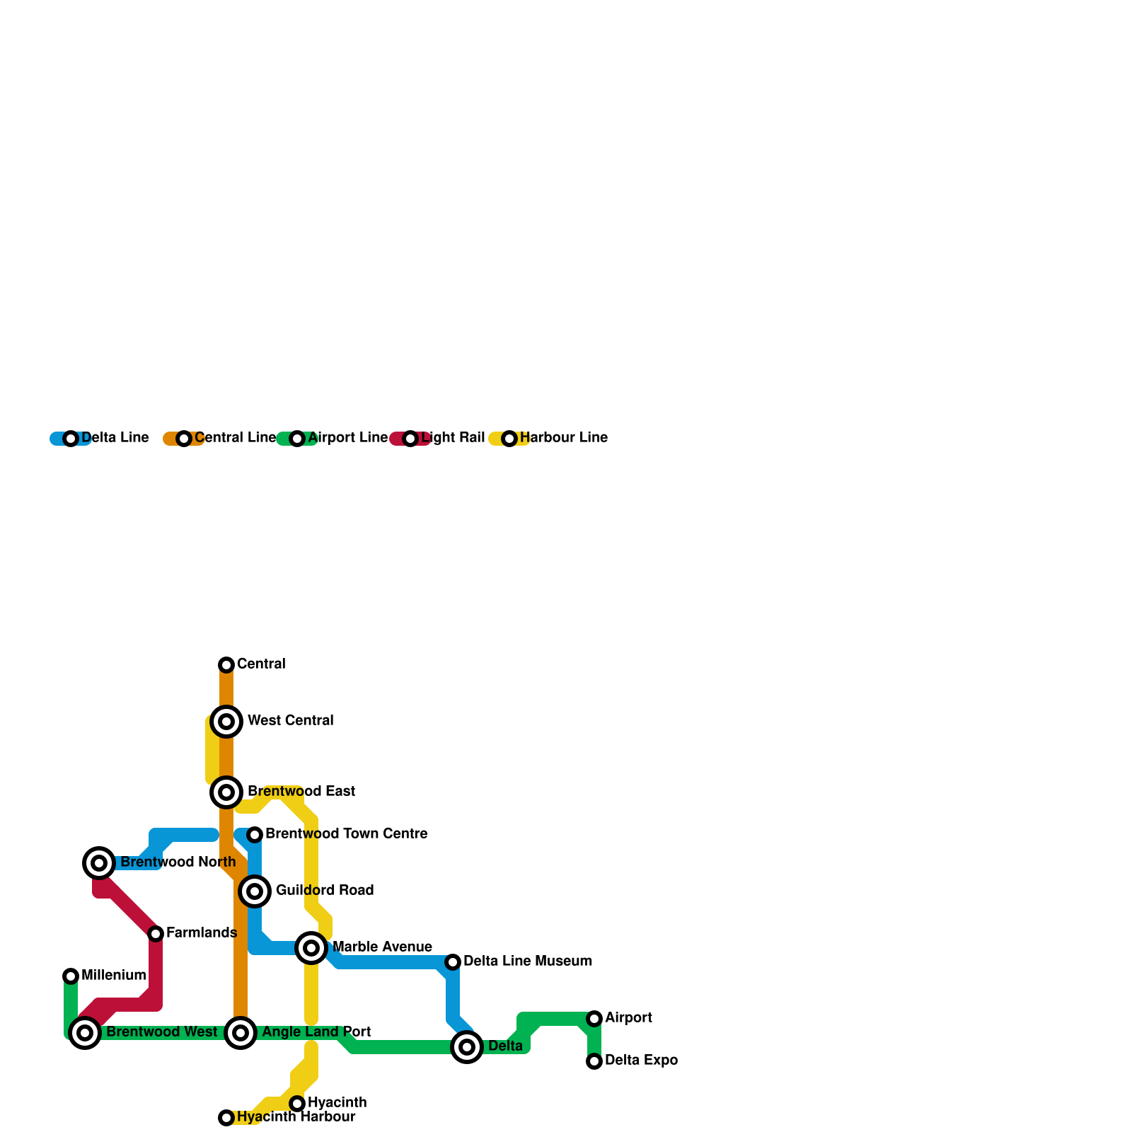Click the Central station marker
226,664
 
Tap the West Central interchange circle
226,721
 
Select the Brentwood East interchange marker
226,792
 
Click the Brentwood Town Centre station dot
255,835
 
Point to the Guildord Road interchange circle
255,891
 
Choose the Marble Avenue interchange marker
311,947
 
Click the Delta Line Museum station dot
453,961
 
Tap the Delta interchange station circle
467,1046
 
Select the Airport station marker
594,1018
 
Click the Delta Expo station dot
594,1061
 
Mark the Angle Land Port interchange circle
241,1033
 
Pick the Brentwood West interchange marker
85,1033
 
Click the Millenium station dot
71,976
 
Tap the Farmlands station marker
156,934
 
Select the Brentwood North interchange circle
99,862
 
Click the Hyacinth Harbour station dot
226,1117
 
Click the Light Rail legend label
453,438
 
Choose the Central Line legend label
235,438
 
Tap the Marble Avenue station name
382,947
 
